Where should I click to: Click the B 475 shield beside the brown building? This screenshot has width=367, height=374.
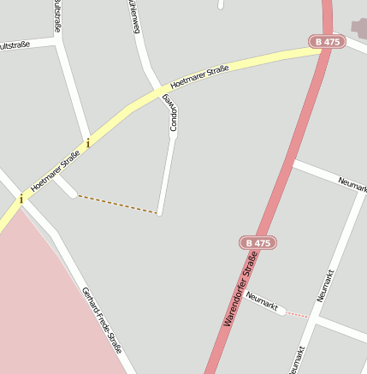click(x=327, y=41)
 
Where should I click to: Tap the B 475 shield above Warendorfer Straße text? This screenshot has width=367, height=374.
click(x=256, y=243)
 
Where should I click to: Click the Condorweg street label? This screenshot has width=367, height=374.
click(x=172, y=113)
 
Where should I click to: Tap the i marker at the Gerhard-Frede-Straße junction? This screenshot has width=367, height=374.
click(x=21, y=199)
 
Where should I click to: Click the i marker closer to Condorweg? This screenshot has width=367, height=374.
click(x=87, y=143)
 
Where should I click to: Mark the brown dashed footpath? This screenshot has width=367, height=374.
click(x=117, y=205)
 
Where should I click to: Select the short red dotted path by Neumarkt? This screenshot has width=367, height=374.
click(x=296, y=315)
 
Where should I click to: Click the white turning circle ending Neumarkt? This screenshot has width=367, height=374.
click(x=281, y=311)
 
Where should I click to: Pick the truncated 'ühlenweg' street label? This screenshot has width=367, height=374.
click(x=134, y=16)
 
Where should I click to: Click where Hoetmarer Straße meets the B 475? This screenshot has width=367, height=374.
click(x=323, y=50)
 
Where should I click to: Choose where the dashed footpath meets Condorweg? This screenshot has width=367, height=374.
click(x=159, y=213)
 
